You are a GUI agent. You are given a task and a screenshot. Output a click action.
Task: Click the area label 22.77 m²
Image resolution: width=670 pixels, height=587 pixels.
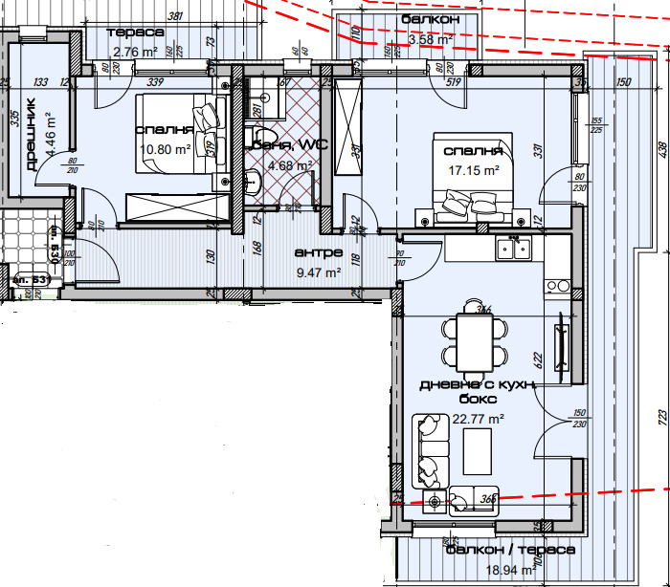point(478,419)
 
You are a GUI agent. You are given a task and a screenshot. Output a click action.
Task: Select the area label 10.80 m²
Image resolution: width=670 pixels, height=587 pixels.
point(165,149)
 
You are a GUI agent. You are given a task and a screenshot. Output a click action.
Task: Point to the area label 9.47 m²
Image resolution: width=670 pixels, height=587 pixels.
point(319,272)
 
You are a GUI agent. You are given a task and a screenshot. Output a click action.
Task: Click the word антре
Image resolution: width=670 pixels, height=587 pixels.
point(318,254)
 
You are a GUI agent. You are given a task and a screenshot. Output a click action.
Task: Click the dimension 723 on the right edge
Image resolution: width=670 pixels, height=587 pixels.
point(661,419)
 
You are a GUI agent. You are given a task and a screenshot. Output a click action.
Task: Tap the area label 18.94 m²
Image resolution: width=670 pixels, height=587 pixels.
point(508,570)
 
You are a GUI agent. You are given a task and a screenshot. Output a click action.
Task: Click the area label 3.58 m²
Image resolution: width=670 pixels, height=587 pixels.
point(430,40)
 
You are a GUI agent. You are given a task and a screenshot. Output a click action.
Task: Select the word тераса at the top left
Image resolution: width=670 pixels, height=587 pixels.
point(138,33)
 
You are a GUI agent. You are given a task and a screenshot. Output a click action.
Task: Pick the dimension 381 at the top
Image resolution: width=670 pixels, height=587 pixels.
point(174,16)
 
